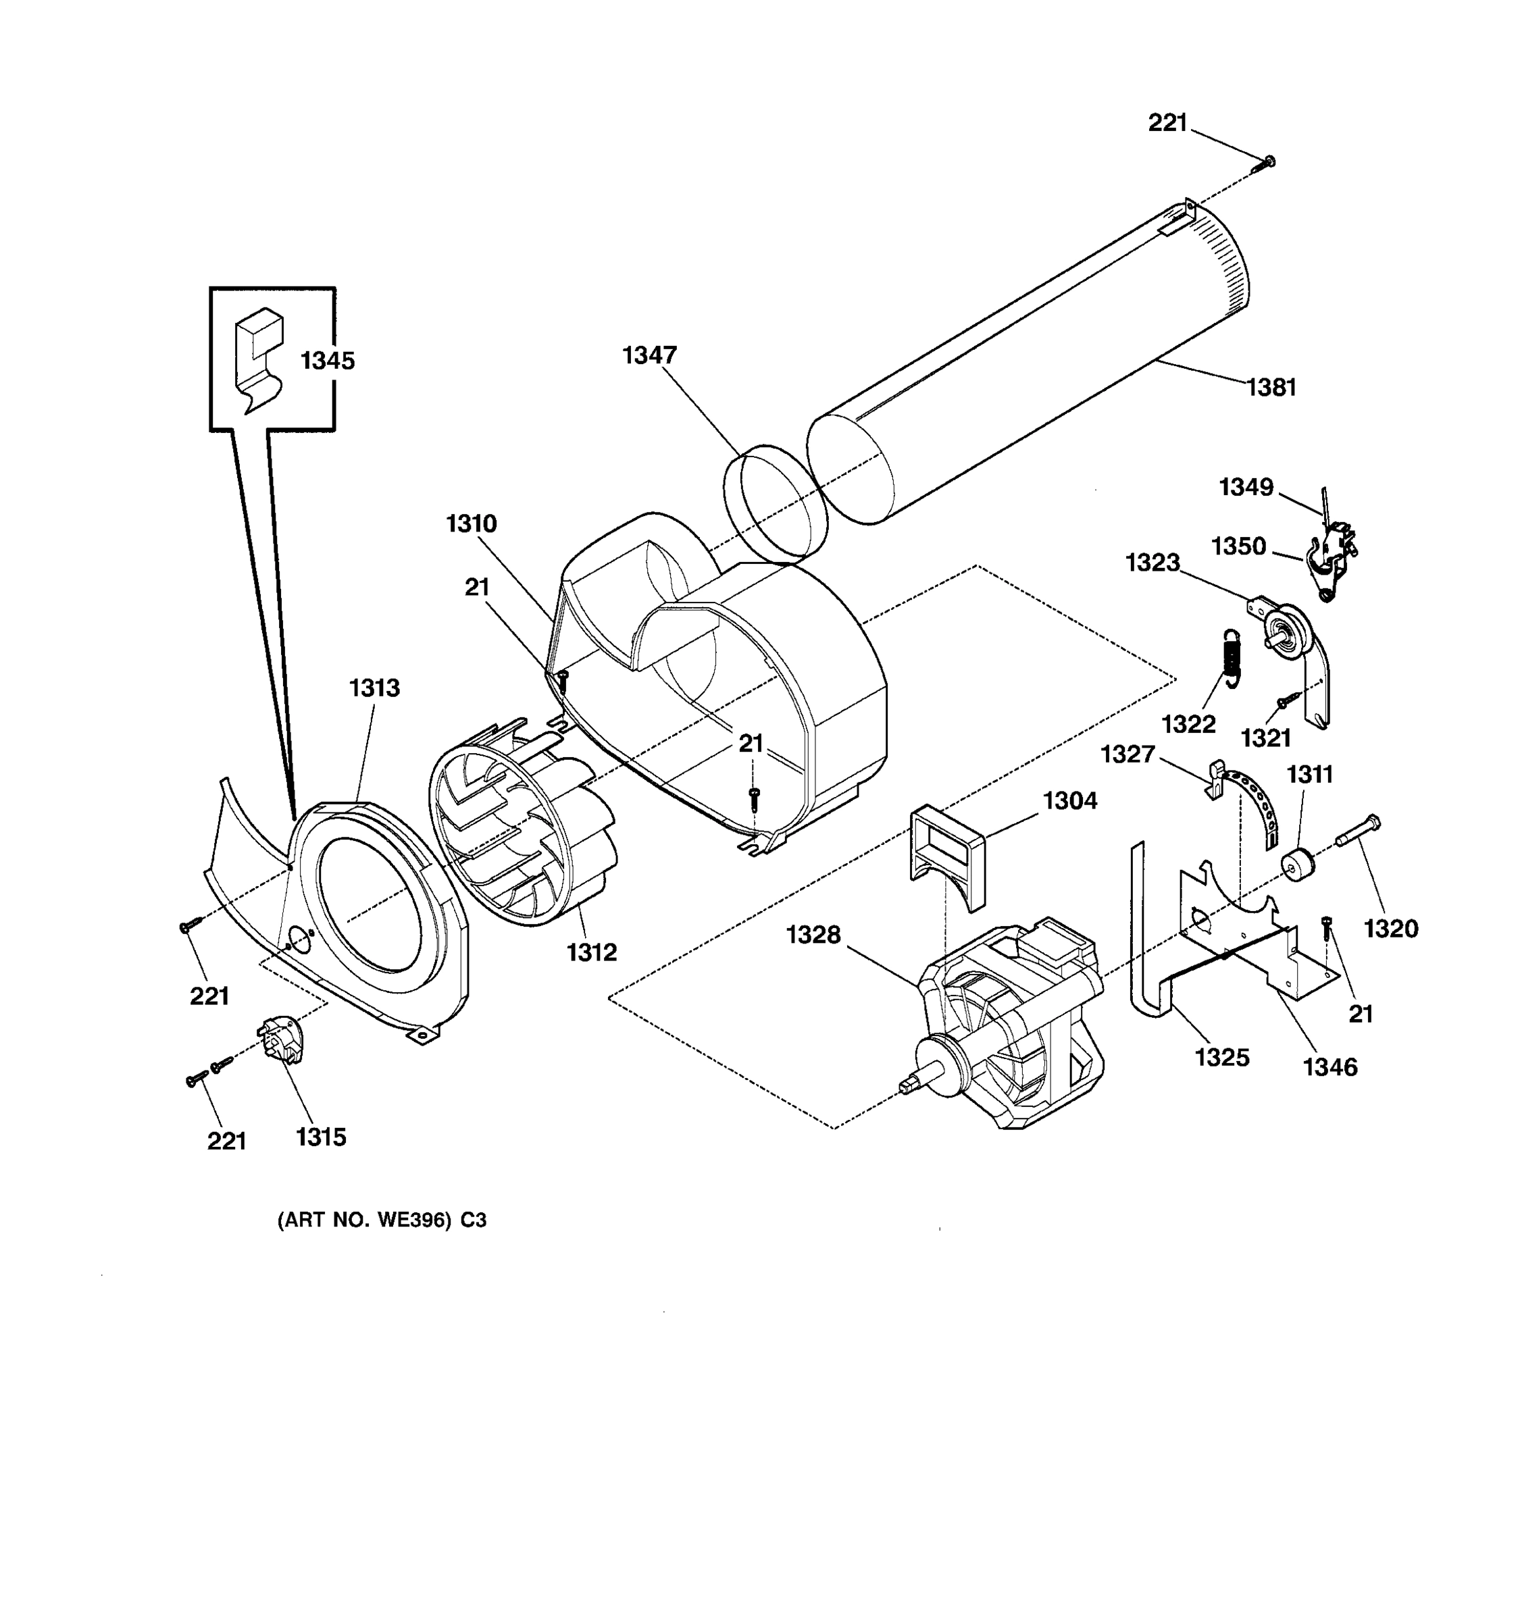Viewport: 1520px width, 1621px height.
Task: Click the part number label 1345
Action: coord(327,361)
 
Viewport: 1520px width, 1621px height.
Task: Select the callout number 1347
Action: coord(649,355)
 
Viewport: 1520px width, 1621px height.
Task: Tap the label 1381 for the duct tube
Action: coord(1271,387)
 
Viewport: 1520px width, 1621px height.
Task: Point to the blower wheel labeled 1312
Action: coord(522,823)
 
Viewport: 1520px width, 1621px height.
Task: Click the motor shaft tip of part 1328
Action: coord(906,1086)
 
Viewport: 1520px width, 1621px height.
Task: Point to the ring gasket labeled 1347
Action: coord(776,503)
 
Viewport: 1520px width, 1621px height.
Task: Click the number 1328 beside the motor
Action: coord(813,935)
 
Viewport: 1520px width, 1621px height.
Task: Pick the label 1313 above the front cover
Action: coord(374,688)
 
